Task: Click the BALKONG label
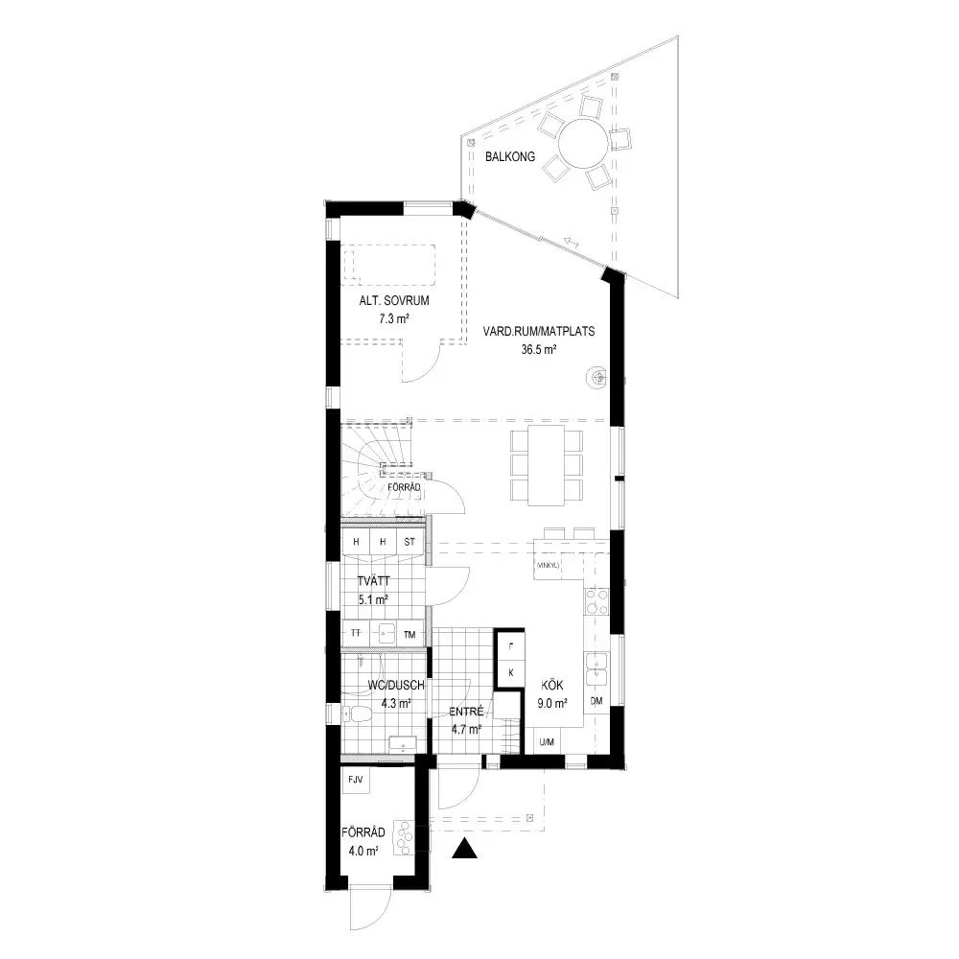point(510,156)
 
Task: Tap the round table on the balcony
point(583,144)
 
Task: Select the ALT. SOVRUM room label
point(394,301)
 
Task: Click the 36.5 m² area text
point(538,350)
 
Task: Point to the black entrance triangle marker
point(464,849)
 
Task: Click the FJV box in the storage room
point(356,780)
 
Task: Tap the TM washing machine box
point(409,634)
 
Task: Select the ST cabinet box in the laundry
point(409,542)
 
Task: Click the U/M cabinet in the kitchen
point(547,741)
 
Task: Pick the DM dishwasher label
point(596,701)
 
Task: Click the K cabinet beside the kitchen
point(511,673)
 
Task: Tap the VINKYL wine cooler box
point(548,565)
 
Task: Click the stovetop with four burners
point(596,600)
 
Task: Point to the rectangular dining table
point(547,465)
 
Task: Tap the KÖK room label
point(552,686)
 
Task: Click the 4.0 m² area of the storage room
point(363,851)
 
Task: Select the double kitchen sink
point(596,669)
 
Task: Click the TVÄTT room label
point(373,581)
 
